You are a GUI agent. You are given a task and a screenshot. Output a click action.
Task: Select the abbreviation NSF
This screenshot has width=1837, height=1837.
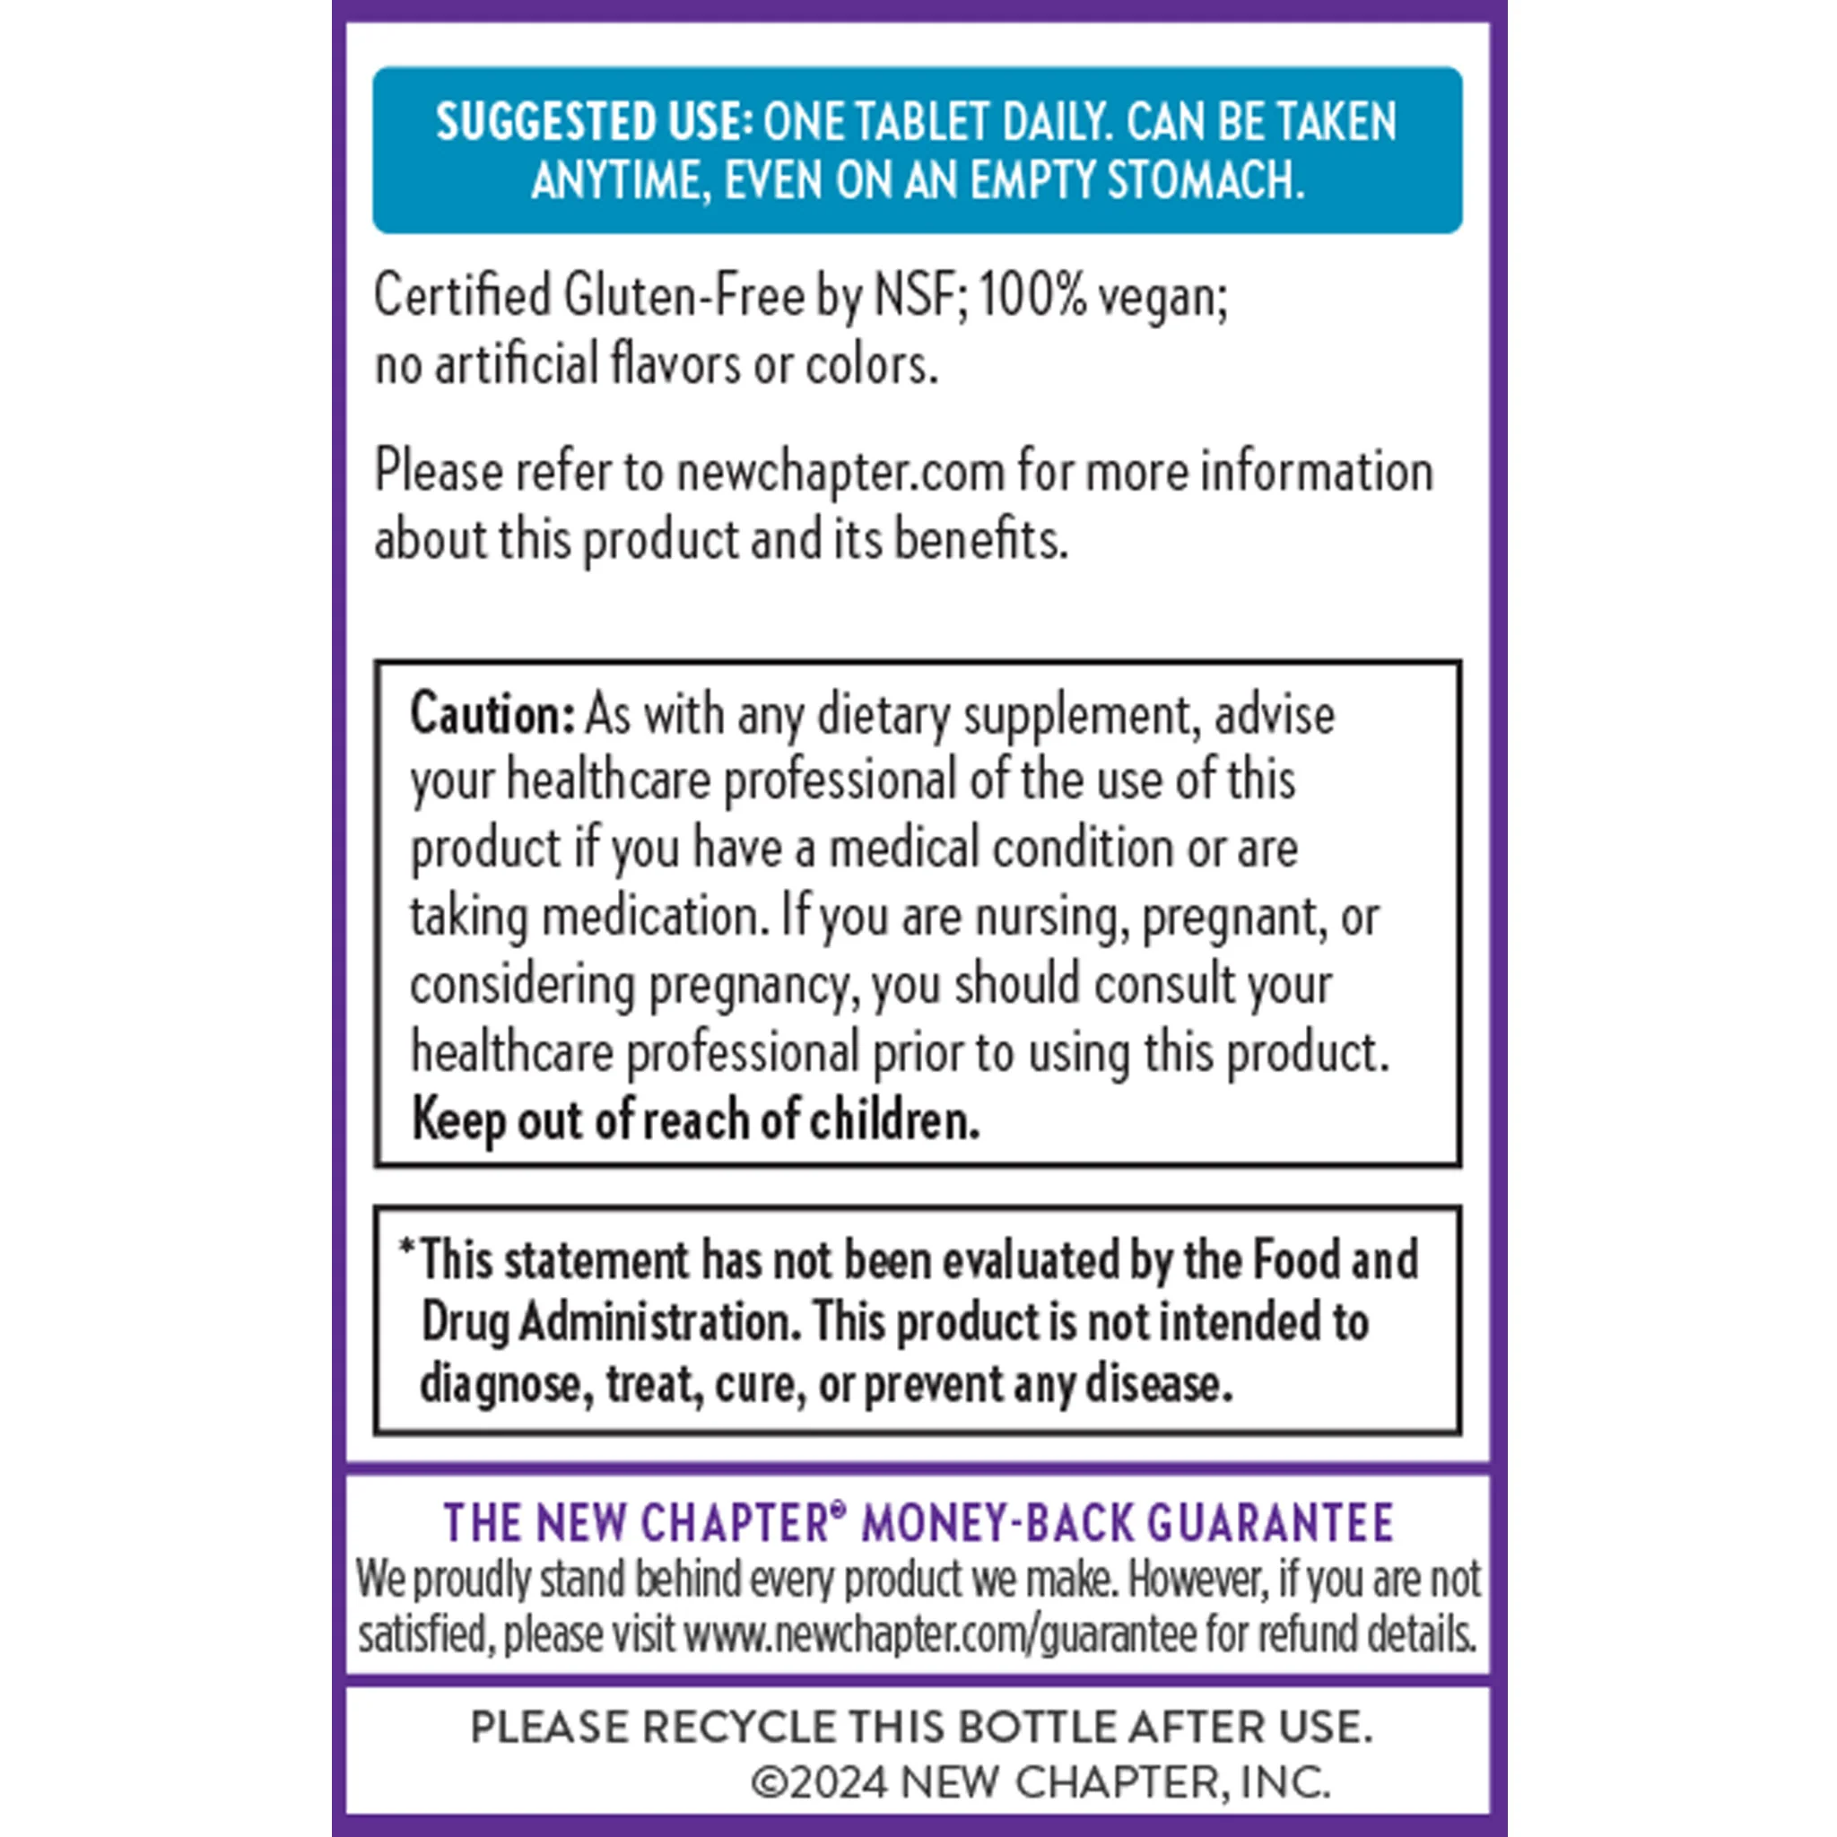pos(914,296)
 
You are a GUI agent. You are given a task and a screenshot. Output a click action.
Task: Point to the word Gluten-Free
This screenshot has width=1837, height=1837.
pos(683,296)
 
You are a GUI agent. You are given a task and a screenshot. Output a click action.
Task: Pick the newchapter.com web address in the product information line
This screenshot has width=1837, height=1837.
pos(840,472)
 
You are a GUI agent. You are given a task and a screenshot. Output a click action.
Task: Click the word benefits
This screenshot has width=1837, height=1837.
pos(980,539)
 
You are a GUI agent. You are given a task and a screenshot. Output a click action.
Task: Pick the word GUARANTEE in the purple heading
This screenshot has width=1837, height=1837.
pos(1270,1522)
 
